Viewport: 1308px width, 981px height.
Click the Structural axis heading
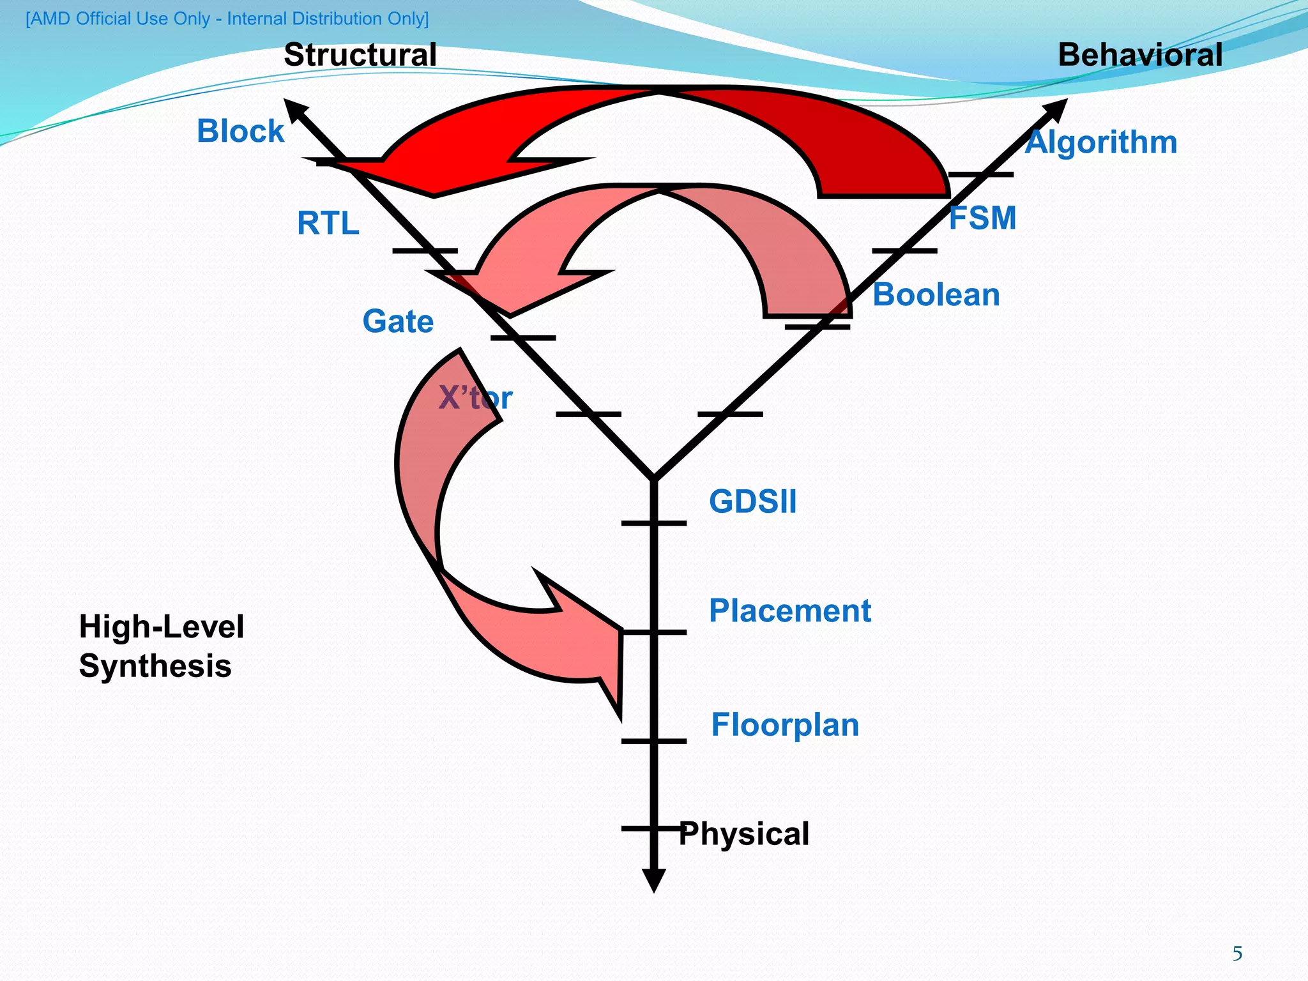360,55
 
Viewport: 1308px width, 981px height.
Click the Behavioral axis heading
1140,55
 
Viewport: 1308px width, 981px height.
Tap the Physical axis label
744,834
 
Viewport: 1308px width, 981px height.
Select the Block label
240,131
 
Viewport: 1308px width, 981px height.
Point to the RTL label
328,224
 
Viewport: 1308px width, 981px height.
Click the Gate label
398,321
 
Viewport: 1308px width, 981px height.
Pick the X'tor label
475,399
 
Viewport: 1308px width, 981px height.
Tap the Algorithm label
1101,142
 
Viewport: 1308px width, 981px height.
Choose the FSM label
982,218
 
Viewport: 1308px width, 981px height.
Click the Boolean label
936,295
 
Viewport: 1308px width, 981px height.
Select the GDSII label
753,501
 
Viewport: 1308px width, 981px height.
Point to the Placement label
790,611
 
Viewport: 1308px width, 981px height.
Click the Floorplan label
785,725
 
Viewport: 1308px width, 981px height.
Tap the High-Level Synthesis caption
161,646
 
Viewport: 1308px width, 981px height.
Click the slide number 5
1237,954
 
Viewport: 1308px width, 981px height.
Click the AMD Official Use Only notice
227,19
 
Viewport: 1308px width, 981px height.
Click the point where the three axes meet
654,478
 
